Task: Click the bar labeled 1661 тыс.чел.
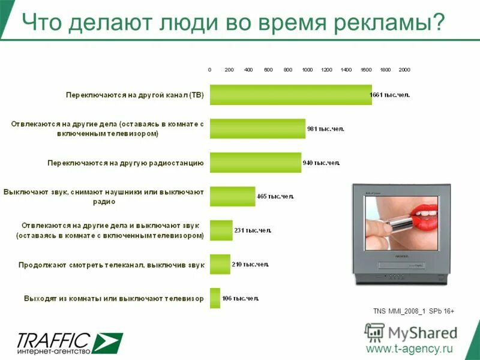(290, 95)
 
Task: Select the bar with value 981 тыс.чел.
(257, 128)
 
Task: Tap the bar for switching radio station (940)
(255, 163)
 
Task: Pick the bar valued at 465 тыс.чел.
(232, 196)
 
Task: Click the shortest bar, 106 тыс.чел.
(215, 298)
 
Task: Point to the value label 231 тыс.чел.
(253, 230)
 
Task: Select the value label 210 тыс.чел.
(251, 264)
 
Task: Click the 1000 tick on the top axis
(307, 70)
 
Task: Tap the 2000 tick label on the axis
(404, 70)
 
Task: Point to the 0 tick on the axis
(210, 70)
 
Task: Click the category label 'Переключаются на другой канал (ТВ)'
(135, 95)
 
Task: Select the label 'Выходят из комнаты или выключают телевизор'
(114, 298)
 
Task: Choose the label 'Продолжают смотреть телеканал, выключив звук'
(112, 264)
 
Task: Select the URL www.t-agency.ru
(409, 349)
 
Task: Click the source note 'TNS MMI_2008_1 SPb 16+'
(413, 311)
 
